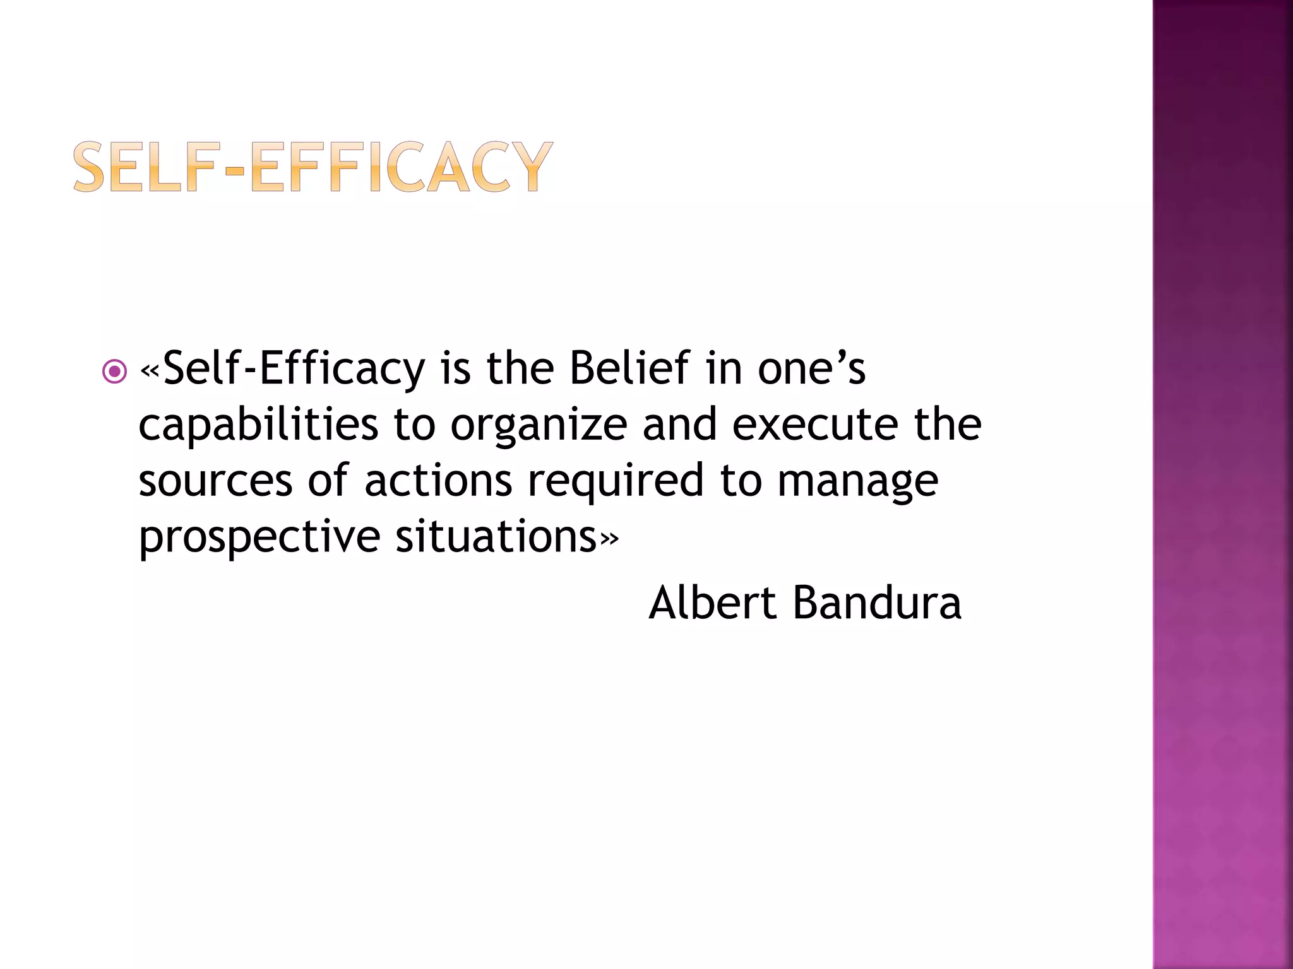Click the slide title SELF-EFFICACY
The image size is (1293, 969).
[313, 167]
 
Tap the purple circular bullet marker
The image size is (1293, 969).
[114, 371]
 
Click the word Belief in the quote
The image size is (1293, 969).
[629, 368]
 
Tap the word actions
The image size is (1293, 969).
[438, 481]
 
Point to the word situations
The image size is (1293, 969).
[496, 537]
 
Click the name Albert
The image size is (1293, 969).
[712, 602]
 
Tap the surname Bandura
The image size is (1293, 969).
[877, 602]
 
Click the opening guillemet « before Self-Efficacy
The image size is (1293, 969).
[150, 370]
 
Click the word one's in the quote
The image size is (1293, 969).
[811, 368]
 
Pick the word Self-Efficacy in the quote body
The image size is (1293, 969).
[294, 368]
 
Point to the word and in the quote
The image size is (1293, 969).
[679, 424]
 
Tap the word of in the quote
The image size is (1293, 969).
[328, 481]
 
